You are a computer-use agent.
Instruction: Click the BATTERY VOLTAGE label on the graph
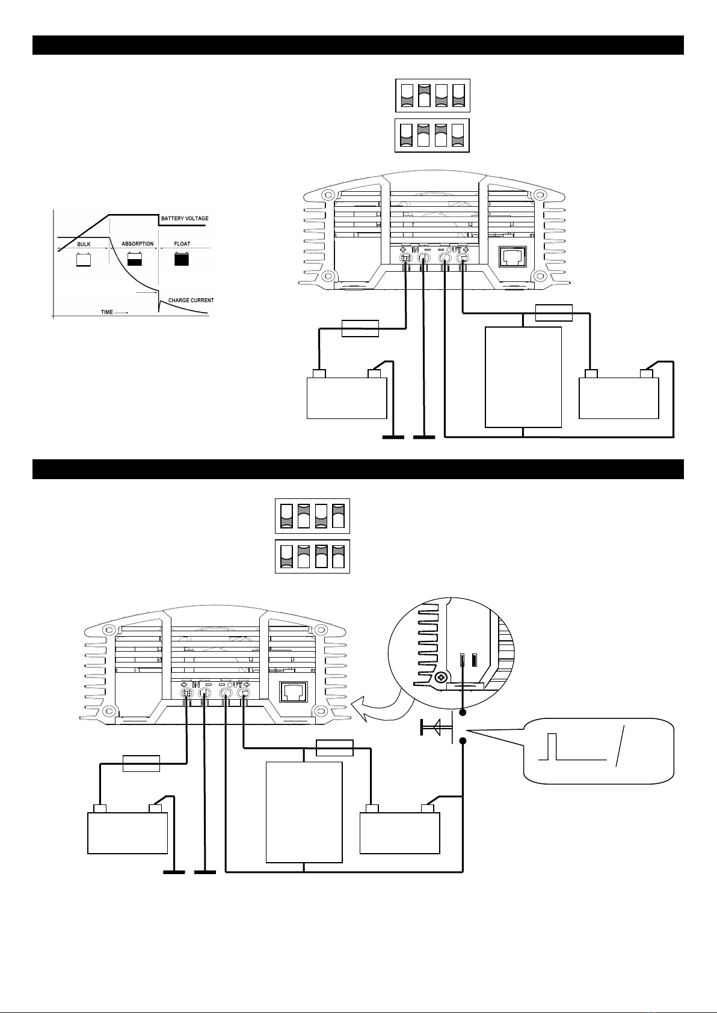click(185, 218)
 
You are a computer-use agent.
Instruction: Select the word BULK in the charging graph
click(84, 244)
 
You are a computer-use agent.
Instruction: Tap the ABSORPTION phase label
click(138, 243)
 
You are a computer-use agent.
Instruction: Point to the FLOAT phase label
click(182, 243)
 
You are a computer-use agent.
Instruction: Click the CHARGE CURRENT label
click(191, 300)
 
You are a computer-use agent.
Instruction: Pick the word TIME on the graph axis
click(106, 312)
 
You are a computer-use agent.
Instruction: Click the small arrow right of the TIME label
click(122, 313)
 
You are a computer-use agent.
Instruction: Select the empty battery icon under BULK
click(84, 259)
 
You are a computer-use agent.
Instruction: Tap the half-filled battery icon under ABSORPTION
click(135, 259)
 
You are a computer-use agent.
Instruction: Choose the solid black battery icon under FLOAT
click(182, 259)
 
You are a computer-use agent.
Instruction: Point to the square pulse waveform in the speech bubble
click(572, 747)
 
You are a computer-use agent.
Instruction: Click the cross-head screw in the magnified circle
click(441, 678)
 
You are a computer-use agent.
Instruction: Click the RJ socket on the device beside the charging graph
click(513, 257)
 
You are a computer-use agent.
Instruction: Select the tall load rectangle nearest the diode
click(304, 812)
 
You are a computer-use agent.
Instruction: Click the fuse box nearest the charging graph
click(360, 328)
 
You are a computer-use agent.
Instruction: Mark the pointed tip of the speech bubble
click(467, 730)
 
